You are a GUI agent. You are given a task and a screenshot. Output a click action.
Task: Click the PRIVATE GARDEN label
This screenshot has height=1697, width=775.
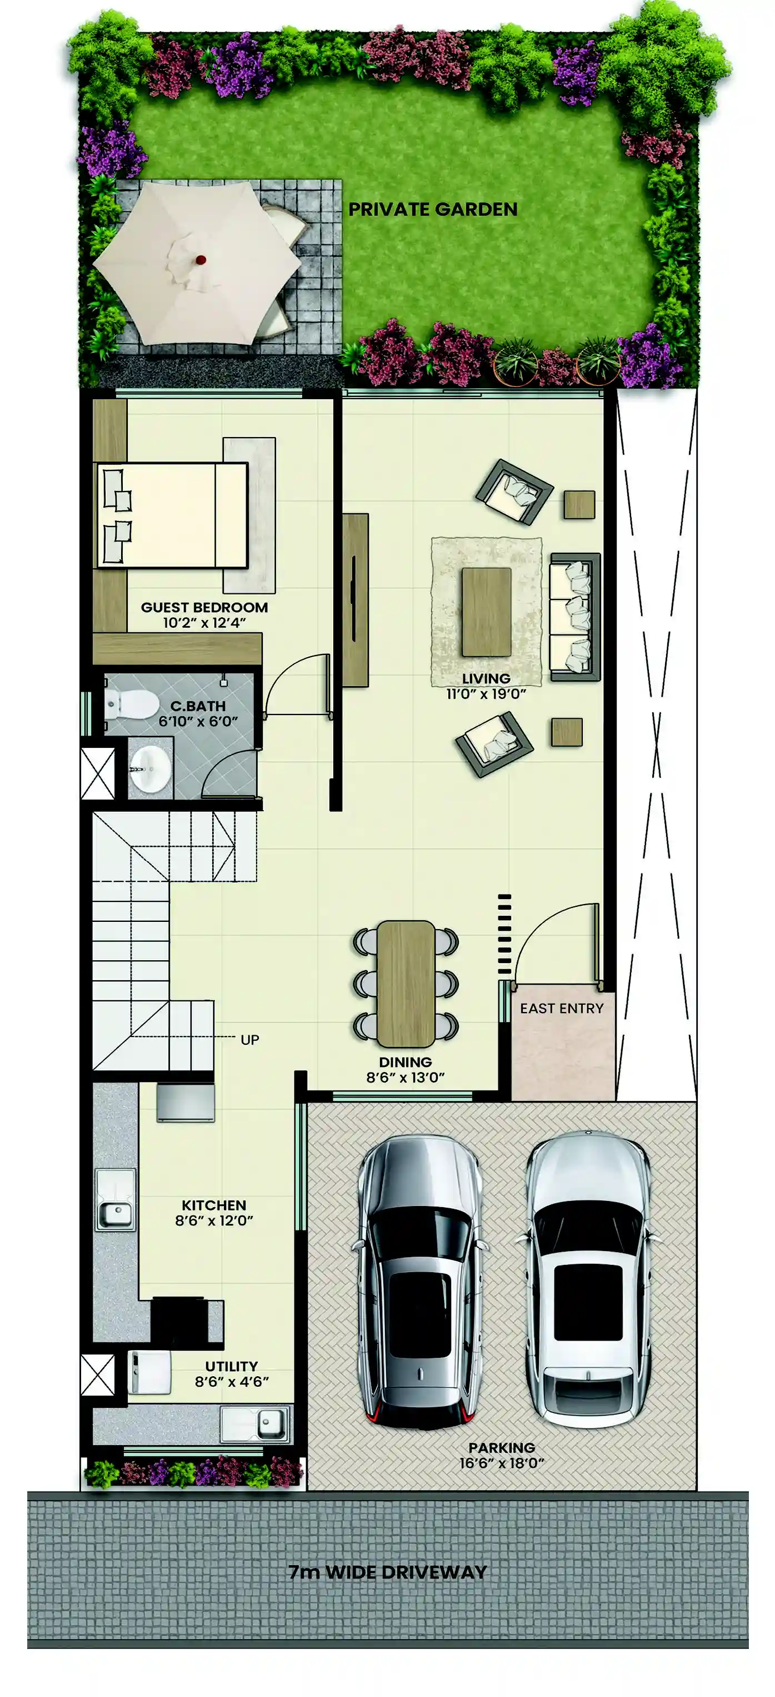433,210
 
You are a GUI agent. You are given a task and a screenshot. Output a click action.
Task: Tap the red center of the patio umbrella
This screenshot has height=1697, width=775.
200,260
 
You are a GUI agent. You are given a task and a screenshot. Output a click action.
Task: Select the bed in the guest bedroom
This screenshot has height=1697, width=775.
173,515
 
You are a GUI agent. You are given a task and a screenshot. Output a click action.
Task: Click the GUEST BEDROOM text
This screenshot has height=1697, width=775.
204,607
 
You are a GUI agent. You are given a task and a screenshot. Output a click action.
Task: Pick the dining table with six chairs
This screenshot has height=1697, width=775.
406,984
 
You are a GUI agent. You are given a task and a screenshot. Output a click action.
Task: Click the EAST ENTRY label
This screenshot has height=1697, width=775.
562,1009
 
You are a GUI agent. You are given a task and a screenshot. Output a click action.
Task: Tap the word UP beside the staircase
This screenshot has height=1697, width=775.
249,1040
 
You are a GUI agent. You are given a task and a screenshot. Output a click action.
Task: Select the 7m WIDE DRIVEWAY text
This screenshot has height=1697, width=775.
388,1572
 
